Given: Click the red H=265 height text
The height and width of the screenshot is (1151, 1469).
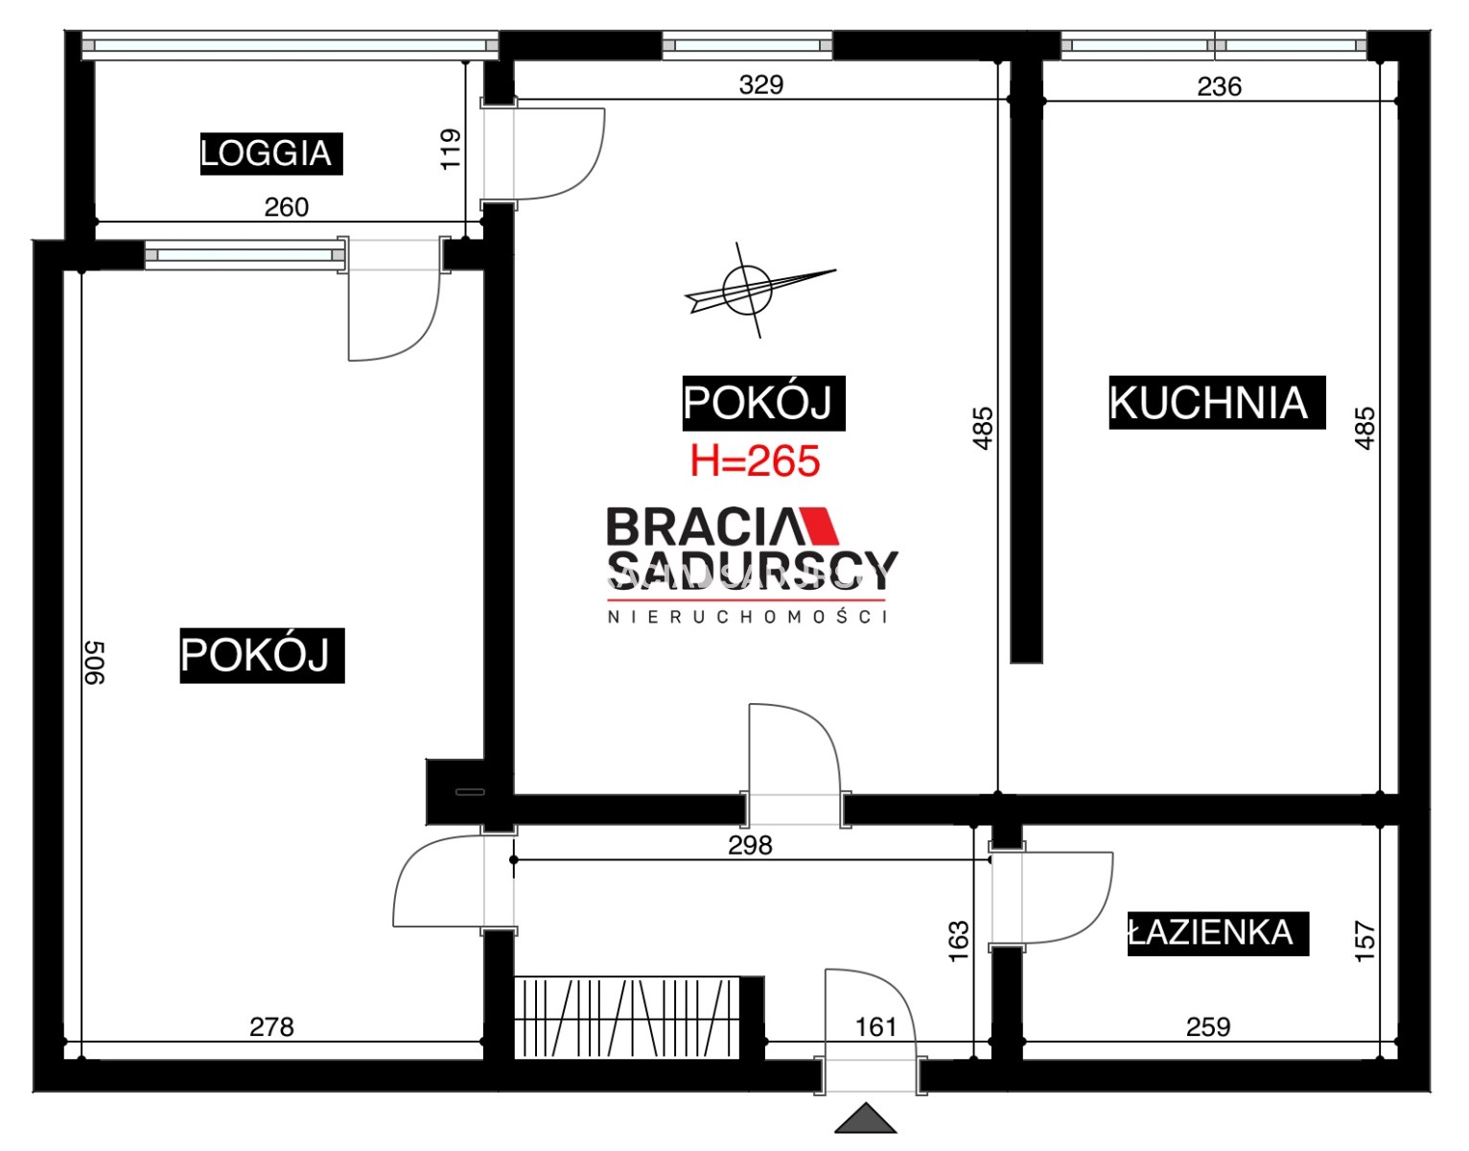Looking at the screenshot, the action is pos(756,461).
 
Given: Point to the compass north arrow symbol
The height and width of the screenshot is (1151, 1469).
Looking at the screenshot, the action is pos(759,291).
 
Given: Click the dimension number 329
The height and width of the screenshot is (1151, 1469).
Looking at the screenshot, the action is pos(760,84).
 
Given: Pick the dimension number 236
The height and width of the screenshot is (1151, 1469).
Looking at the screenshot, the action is pos(1219,86).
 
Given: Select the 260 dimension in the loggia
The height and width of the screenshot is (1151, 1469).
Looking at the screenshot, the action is pos(286,207).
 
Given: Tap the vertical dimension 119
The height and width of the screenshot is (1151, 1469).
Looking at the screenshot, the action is pos(451,149).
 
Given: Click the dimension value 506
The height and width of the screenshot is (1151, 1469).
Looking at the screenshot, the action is pos(95,663).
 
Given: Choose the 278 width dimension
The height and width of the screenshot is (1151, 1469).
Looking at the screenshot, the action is pos(271,1027).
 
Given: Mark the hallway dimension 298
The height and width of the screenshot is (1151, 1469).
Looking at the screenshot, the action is pos(750,845).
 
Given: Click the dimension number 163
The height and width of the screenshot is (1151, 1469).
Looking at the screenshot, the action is pos(959,940).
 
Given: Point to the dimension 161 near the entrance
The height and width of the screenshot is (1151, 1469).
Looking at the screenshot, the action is pos(875,1027).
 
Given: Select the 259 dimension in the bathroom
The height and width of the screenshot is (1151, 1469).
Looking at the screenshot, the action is pos(1208,1027).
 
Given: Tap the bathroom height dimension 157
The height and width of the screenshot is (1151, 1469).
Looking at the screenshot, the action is pos(1364,941).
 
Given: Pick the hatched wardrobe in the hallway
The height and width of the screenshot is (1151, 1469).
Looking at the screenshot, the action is pos(627,1017).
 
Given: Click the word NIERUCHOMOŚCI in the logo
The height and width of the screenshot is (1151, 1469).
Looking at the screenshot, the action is pos(748,617).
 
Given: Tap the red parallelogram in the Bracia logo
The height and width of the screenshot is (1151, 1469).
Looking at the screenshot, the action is pos(819,526).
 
